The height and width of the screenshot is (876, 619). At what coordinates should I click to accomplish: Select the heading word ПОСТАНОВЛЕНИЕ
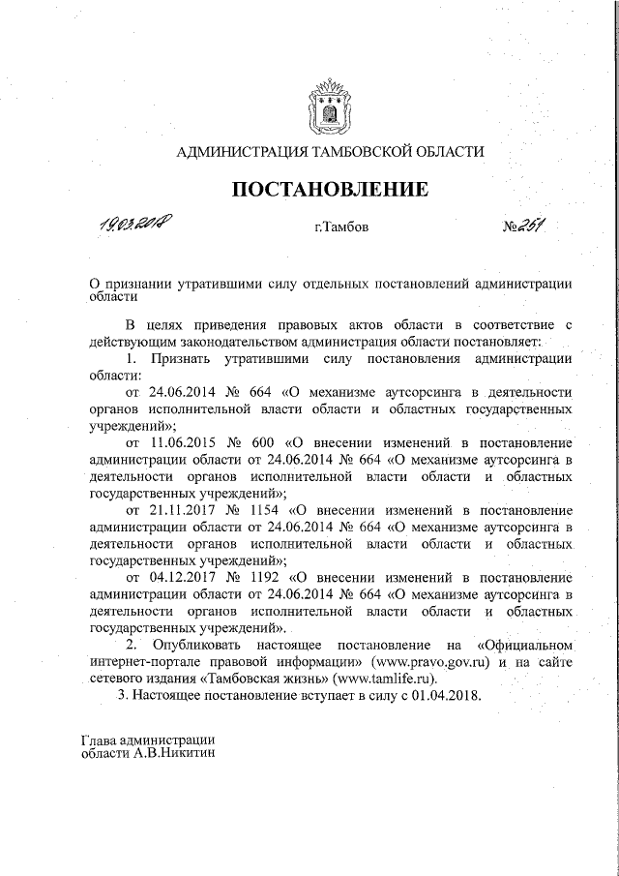click(328, 189)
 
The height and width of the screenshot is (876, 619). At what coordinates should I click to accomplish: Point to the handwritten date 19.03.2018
click(135, 226)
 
